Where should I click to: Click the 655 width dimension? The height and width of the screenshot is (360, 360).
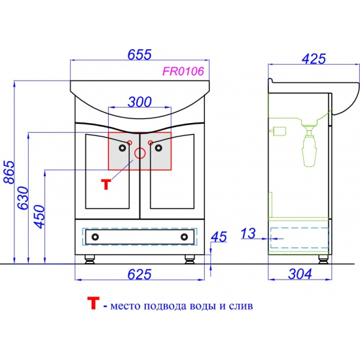(139, 54)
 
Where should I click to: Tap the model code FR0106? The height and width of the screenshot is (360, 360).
(183, 71)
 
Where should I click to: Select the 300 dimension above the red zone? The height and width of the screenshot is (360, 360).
(139, 102)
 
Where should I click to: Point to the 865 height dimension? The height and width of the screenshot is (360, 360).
(9, 172)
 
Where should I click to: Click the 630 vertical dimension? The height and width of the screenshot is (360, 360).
(24, 198)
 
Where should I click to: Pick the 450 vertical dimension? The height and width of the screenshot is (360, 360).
(39, 217)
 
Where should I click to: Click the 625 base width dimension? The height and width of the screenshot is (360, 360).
(139, 274)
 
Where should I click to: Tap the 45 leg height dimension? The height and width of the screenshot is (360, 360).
(219, 237)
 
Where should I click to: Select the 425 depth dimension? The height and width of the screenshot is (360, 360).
(314, 59)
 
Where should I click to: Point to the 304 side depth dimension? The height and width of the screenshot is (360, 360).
(300, 274)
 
